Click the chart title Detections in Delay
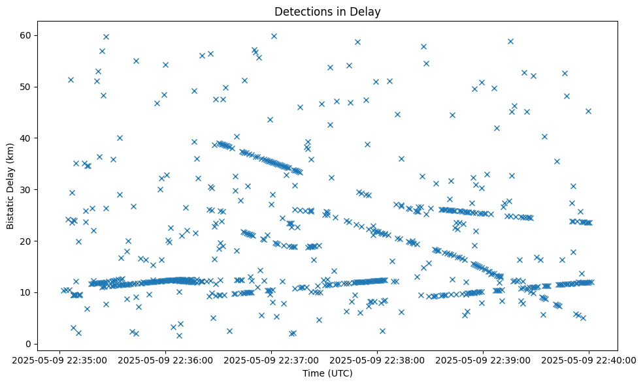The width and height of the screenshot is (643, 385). [327, 12]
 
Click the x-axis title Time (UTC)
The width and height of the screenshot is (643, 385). [327, 373]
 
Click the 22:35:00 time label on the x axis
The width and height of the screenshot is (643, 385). [60, 360]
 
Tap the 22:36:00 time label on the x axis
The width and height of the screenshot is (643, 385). [166, 360]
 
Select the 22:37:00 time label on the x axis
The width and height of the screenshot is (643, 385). [272, 360]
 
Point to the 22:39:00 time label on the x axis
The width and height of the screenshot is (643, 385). [483, 360]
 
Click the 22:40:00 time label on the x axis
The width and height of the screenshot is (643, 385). [589, 360]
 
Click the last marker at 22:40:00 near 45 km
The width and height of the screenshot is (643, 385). [588, 111]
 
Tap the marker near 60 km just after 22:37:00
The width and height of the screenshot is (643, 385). [274, 36]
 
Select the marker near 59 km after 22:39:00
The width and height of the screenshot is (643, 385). [510, 41]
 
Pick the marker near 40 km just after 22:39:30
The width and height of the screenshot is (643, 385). [544, 136]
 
